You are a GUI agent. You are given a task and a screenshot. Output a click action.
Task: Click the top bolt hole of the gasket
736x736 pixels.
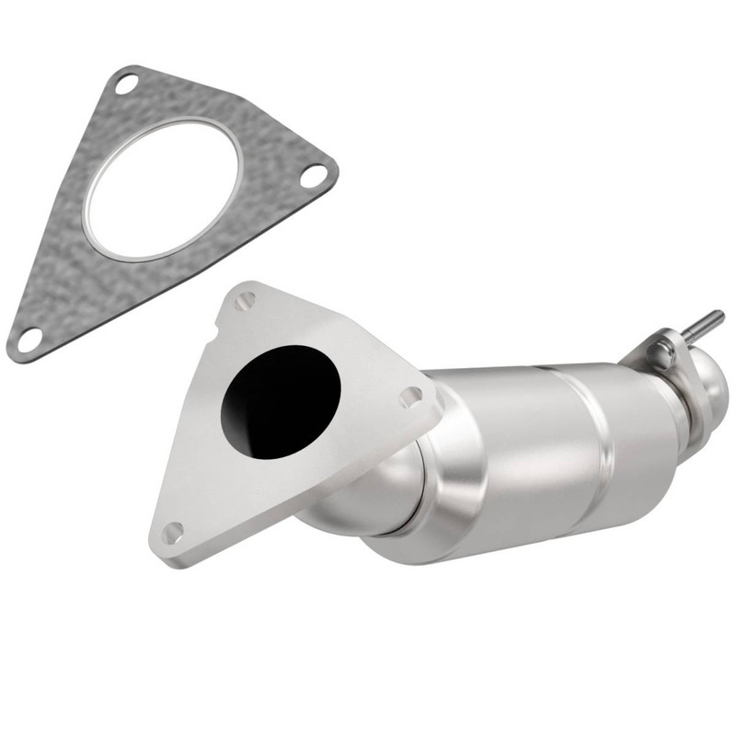[125, 84]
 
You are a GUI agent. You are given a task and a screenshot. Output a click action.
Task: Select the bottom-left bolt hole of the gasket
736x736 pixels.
[29, 339]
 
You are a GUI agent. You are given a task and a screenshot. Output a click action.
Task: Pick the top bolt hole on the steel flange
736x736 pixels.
[246, 301]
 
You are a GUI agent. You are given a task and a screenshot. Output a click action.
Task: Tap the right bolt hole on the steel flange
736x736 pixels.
[410, 397]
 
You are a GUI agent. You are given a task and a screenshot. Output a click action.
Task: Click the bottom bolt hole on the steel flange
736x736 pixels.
[172, 533]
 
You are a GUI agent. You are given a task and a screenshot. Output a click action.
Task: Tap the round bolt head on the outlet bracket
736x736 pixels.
[659, 351]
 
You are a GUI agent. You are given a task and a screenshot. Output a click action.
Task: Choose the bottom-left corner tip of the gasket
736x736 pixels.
[13, 351]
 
